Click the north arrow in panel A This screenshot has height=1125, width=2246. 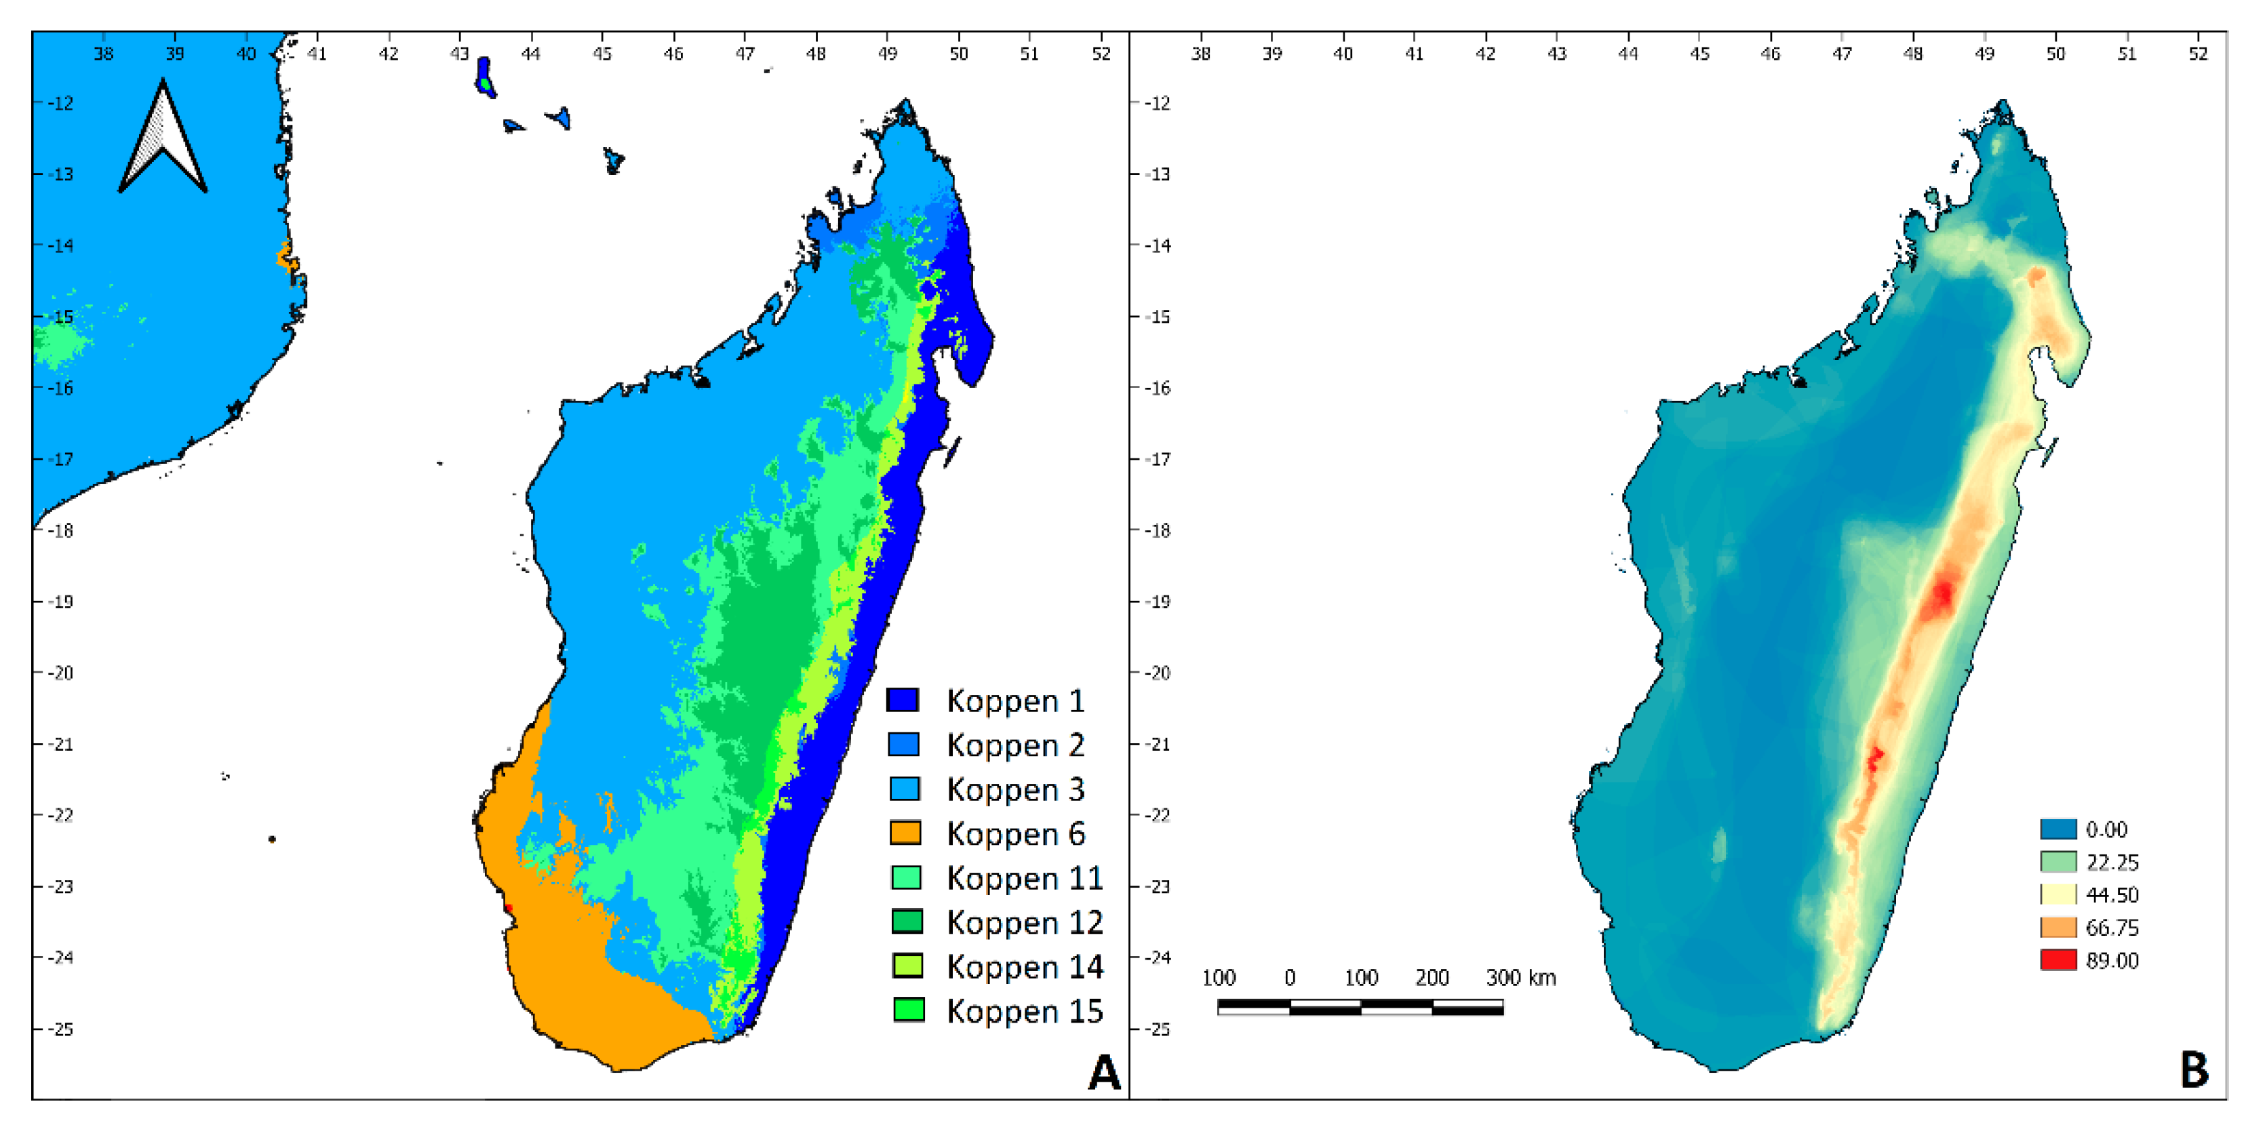tap(163, 140)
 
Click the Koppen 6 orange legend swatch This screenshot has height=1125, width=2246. tap(905, 833)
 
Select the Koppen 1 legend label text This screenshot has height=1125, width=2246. tap(1016, 701)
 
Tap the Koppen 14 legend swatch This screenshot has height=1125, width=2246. tap(907, 966)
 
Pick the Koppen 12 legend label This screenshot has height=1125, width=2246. tap(1025, 922)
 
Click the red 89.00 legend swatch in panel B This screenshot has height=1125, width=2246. tap(2057, 960)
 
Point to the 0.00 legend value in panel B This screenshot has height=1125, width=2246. tap(2106, 829)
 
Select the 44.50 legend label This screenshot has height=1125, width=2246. tap(2112, 894)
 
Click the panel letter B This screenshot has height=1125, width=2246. tap(2194, 1070)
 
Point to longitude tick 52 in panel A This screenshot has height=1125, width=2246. tap(1101, 54)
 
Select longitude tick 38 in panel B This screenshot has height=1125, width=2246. tap(1200, 54)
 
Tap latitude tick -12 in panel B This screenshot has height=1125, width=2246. tap(1157, 103)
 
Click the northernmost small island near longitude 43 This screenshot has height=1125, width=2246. tap(485, 77)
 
